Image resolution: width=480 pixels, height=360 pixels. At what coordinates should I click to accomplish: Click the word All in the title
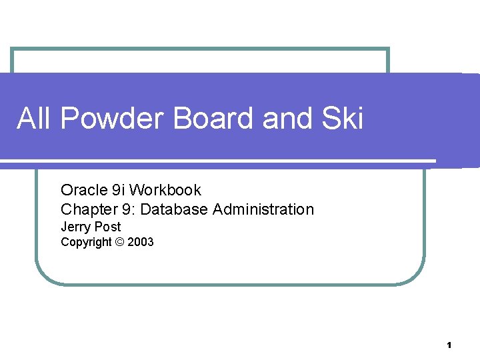(34, 119)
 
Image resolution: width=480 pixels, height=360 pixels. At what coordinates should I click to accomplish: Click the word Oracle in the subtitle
(81, 191)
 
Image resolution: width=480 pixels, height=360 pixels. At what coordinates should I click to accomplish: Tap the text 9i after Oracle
(116, 191)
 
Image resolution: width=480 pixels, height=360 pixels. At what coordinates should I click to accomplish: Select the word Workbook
(165, 191)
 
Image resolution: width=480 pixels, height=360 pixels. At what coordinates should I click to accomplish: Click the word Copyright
(86, 242)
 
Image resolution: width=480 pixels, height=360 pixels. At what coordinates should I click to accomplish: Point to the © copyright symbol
(119, 242)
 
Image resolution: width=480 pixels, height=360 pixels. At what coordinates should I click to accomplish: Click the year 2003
(140, 242)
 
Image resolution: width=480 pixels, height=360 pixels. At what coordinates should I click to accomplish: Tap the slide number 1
(449, 345)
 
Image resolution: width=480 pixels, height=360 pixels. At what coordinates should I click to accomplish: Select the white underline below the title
(220, 161)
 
